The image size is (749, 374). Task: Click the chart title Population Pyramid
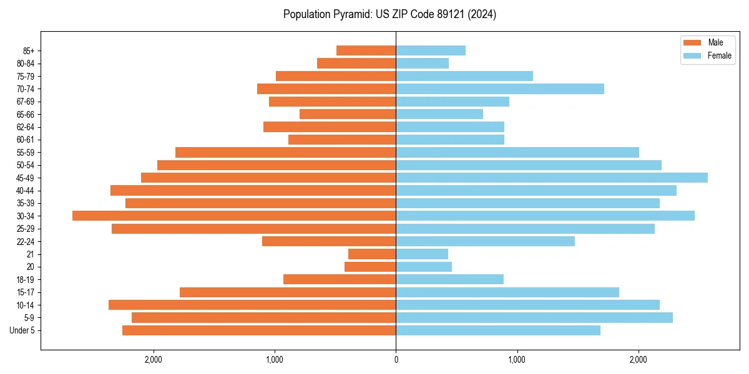389,14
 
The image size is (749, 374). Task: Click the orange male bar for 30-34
234,216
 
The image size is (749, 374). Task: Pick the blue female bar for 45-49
552,178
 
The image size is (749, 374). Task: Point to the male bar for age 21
372,254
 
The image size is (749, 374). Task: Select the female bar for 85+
431,50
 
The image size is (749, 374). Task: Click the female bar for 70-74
500,89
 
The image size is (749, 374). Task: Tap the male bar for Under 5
259,330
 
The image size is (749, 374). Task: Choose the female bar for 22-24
485,241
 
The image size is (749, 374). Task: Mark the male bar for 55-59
286,152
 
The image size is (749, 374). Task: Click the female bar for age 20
424,267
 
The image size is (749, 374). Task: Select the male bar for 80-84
356,63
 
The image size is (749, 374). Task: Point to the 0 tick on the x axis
396,360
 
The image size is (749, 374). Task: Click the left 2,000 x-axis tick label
153,360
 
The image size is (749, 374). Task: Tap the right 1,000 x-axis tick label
517,360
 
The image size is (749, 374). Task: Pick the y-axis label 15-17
25,292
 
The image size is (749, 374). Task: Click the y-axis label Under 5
22,330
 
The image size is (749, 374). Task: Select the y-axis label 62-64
25,127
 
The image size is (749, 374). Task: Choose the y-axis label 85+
27,50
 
